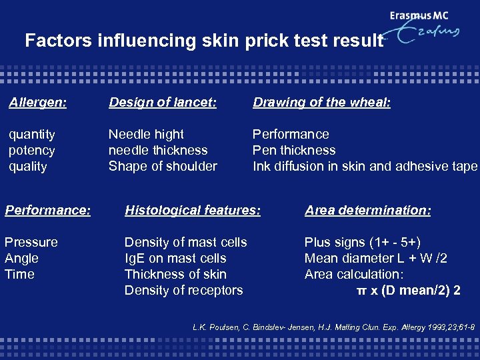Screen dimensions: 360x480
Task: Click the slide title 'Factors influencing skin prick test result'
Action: point(204,41)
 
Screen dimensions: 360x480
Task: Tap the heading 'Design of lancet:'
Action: point(163,102)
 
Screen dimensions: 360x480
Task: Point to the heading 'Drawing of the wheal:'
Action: point(321,102)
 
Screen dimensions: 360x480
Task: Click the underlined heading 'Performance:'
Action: point(47,210)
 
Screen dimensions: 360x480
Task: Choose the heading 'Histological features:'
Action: point(192,210)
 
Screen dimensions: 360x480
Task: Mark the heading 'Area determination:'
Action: point(368,210)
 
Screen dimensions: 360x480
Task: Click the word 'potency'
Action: point(32,151)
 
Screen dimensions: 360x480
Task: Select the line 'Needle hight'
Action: point(146,135)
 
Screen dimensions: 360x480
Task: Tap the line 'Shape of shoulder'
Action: point(163,167)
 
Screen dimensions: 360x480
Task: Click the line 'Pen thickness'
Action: point(293,151)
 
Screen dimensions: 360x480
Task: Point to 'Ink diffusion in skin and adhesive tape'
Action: point(365,167)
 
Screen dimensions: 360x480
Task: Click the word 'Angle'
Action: point(22,259)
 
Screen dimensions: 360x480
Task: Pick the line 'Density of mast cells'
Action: point(185,242)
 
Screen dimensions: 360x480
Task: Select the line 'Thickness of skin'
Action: point(175,274)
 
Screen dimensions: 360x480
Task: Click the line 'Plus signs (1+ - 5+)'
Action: point(363,242)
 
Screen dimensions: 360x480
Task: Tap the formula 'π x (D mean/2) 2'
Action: point(408,291)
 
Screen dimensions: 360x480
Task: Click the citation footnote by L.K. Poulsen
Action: point(333,327)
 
